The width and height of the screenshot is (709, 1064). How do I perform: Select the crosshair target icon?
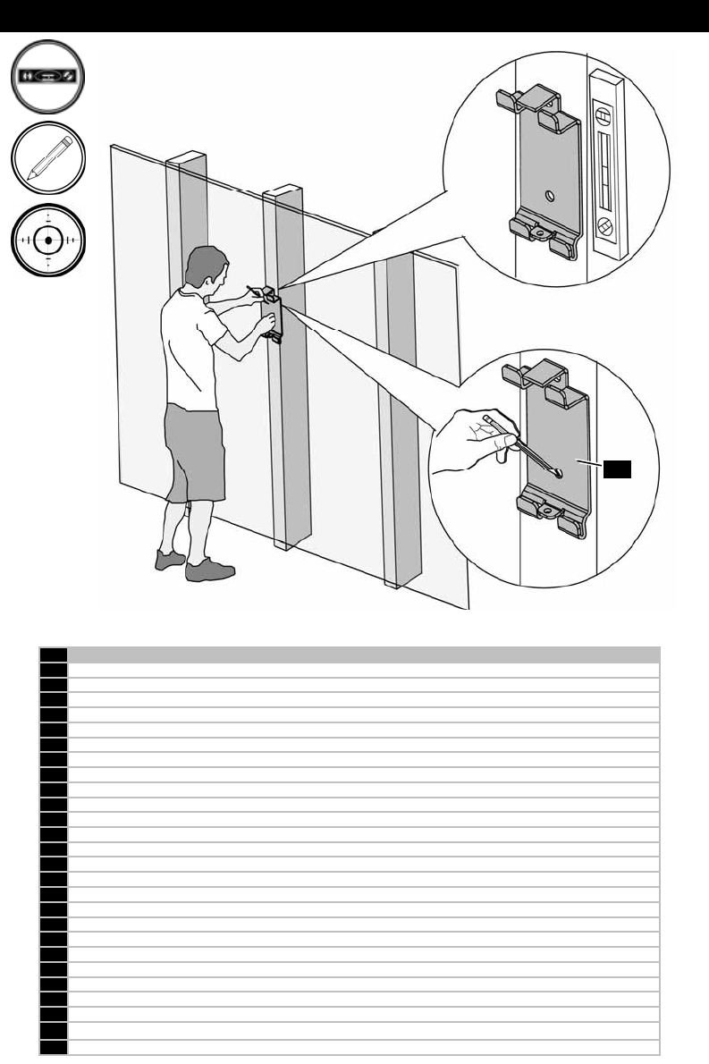(x=49, y=240)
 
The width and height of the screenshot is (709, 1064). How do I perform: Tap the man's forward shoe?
(x=209, y=570)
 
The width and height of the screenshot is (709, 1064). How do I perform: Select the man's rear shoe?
(x=169, y=559)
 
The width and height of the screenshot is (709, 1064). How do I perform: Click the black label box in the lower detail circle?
(x=617, y=469)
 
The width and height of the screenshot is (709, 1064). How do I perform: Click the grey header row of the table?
(x=363, y=654)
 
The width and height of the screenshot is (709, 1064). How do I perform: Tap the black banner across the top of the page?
(x=354, y=16)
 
